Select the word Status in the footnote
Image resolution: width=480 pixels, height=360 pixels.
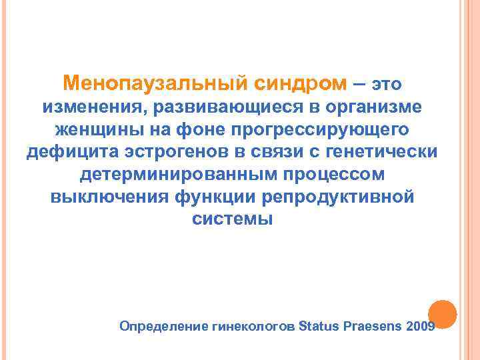[321, 327]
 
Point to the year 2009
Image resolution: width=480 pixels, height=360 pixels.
[419, 327]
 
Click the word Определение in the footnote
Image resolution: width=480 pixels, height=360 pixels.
[160, 327]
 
